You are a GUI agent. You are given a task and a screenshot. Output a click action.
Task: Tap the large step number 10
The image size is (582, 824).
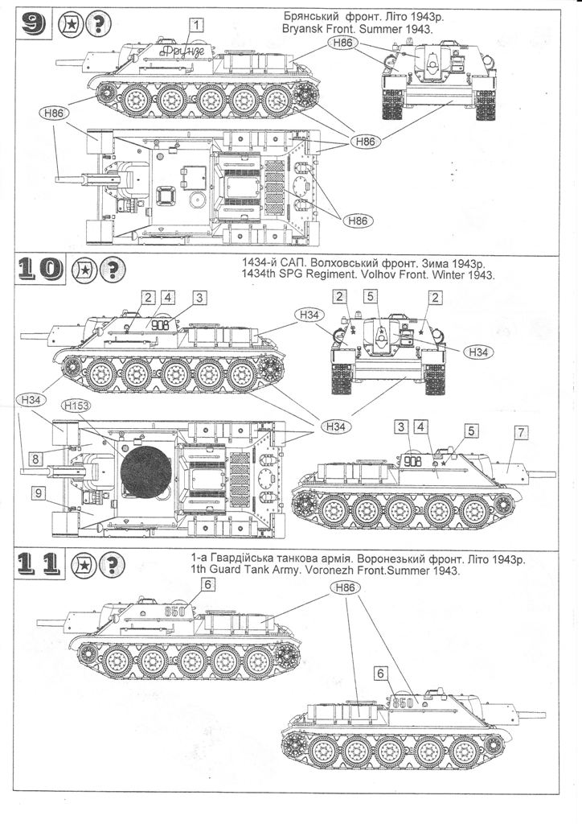coord(39,269)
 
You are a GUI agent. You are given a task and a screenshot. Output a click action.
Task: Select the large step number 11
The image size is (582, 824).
coord(39,564)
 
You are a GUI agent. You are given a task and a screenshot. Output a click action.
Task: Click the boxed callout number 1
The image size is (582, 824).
coord(196,25)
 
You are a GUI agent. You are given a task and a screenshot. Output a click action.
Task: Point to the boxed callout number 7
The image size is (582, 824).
coord(520,432)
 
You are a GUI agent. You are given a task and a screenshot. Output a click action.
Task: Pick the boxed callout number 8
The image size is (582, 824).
coord(35,459)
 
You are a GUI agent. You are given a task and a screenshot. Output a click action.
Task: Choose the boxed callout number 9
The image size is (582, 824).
coord(38,493)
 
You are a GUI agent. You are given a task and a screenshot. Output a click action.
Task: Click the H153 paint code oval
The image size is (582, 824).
coord(76,406)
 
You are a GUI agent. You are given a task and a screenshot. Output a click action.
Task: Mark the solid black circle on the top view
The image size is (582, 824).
coord(145,472)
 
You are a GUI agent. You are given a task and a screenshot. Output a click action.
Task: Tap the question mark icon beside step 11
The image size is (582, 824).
coord(112,564)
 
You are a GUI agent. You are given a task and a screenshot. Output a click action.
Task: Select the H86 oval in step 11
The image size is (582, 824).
coord(346,587)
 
